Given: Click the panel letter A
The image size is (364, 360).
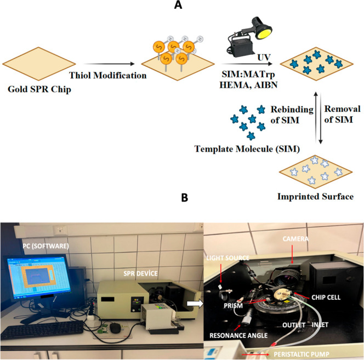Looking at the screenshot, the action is [178, 4].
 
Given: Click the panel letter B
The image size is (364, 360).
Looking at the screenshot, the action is [185, 198].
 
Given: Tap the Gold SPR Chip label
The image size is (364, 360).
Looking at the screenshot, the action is [39, 89].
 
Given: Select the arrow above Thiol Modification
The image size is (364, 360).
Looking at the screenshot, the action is [109, 64].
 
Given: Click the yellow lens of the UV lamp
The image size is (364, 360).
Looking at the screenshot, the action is [264, 32].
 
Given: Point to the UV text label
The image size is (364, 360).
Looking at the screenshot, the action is [264, 57].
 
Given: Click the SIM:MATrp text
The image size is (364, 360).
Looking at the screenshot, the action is [248, 75].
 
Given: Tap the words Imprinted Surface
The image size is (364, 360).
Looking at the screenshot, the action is [315, 196].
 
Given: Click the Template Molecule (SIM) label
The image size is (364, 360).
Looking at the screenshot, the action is [247, 149].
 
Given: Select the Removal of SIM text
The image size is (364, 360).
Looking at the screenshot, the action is [342, 114].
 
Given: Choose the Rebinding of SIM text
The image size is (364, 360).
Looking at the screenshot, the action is [292, 115].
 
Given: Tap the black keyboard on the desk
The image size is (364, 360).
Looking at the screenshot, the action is [42, 330].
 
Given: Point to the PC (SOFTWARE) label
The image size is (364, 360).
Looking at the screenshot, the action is [46, 246].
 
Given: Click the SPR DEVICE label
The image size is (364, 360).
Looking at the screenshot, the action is [140, 273].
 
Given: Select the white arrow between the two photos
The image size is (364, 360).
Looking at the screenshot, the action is [195, 304].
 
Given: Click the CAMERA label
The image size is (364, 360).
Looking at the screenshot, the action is [295, 239].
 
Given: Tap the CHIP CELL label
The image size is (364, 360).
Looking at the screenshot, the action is [326, 298].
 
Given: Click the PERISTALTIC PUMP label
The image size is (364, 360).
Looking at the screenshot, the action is [302, 354].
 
